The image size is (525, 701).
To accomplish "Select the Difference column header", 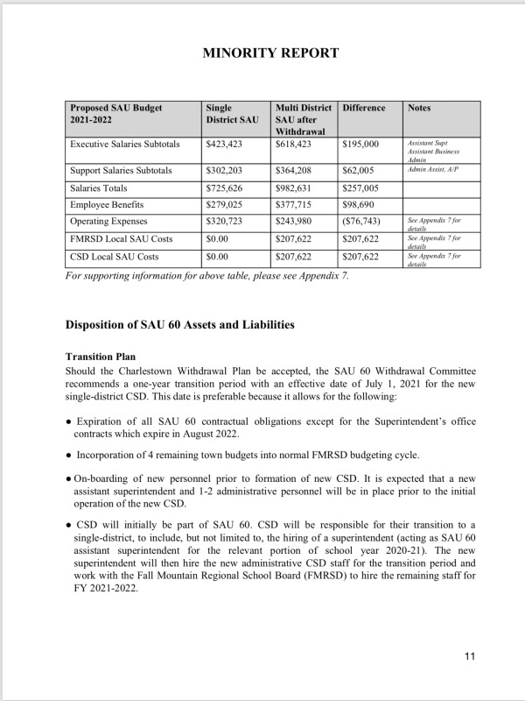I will (x=364, y=108).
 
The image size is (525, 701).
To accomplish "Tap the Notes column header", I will (x=419, y=108).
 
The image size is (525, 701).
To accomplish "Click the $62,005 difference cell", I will (x=361, y=170).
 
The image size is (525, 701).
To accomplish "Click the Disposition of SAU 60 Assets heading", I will (x=180, y=325).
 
